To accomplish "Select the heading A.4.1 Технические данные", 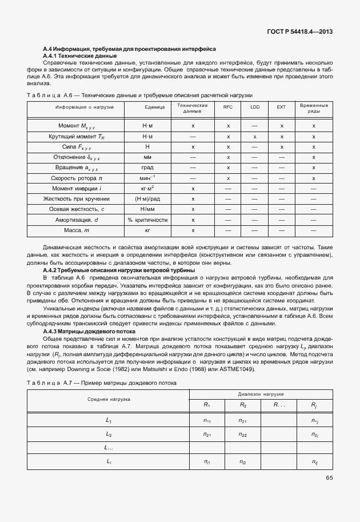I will tap(80, 56).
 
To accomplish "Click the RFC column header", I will tap(228, 107).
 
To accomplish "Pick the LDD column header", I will tap(255, 107).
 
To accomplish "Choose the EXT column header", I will tap(281, 107).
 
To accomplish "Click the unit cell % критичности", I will tap(147, 220).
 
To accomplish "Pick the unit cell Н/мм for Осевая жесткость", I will tap(147, 209).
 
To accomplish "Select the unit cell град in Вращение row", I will tap(147, 168).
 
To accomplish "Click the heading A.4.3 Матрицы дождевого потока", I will tap(89, 331).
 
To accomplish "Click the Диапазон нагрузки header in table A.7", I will tap(261, 395).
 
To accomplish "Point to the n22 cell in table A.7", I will tap(243, 435).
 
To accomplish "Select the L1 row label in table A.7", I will tap(109, 420).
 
